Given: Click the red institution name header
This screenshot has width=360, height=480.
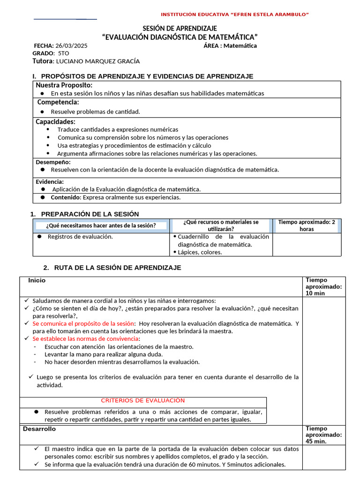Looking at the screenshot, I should (x=234, y=15).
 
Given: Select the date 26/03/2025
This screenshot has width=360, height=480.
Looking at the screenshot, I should (x=71, y=45).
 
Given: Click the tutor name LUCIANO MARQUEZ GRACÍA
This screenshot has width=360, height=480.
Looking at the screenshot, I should (x=97, y=61).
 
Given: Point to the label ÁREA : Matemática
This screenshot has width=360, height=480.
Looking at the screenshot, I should (x=230, y=45).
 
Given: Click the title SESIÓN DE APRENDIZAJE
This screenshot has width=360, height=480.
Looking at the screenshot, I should (x=180, y=29).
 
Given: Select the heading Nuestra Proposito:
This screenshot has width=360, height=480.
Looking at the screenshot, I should (x=64, y=85).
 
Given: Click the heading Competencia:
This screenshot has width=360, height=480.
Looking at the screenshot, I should (x=58, y=102).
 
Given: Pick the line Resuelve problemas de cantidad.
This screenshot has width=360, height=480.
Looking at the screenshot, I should (x=95, y=112).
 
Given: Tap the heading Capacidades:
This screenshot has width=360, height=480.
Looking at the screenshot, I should (x=55, y=121).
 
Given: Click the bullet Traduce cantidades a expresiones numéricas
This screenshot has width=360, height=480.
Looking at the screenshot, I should (x=118, y=129).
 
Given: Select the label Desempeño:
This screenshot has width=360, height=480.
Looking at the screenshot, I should (x=53, y=162).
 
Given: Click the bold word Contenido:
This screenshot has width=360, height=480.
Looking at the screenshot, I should (x=66, y=197).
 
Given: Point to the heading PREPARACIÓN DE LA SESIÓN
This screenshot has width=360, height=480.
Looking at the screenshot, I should (x=90, y=214).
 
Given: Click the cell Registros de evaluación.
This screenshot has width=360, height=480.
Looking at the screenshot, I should (x=80, y=237).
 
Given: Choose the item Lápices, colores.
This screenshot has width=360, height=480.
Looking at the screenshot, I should (x=200, y=252).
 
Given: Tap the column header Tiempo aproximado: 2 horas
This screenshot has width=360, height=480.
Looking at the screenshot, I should (x=307, y=225).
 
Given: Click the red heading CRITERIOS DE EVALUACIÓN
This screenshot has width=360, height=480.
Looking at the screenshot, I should (x=143, y=400).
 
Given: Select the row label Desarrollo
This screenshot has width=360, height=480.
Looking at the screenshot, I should (x=39, y=429).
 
